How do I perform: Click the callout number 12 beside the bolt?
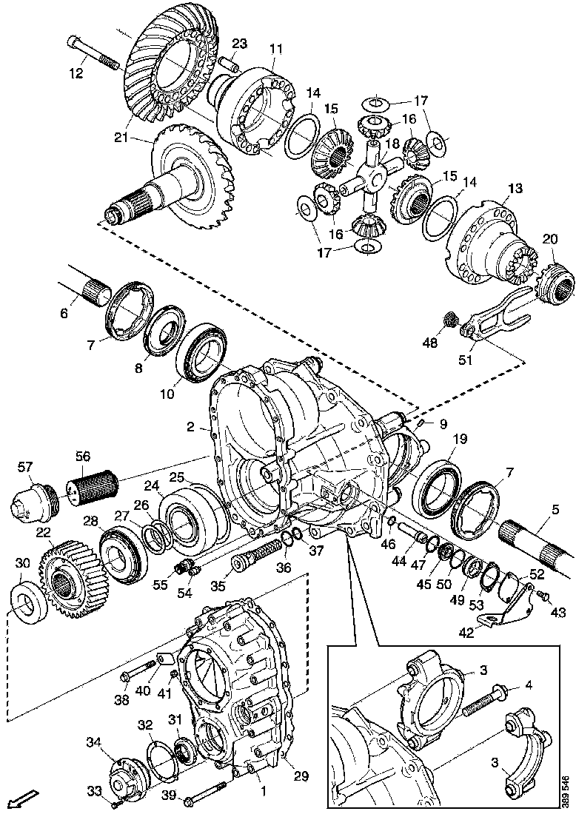pos(76,73)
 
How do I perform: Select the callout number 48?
pos(429,343)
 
